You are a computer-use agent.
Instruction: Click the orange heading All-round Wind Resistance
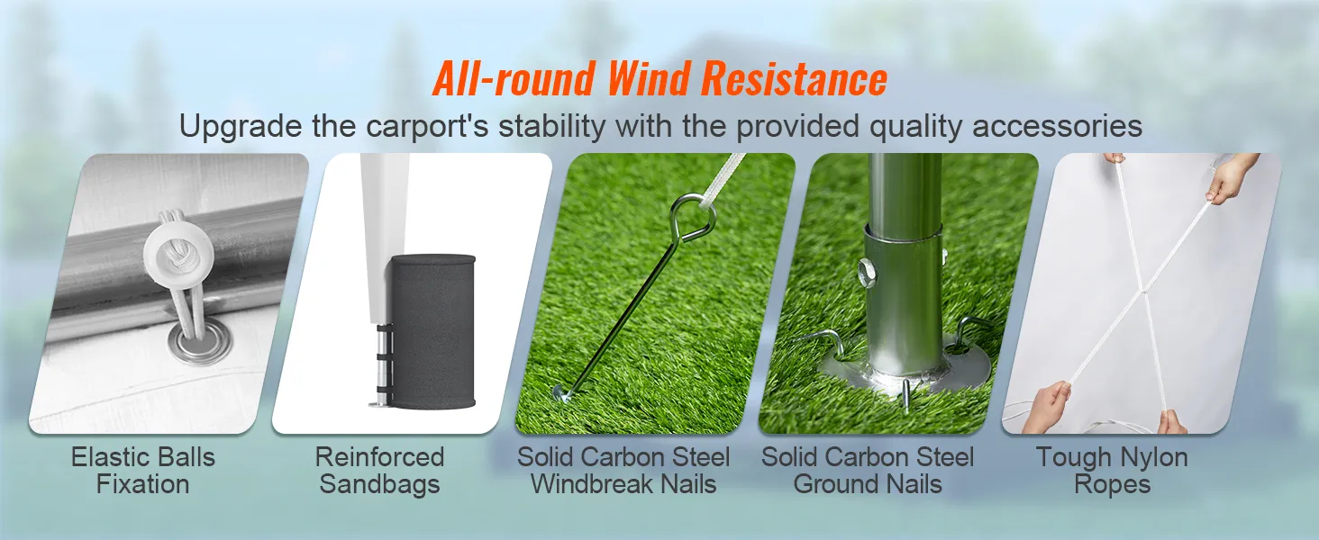pos(659,79)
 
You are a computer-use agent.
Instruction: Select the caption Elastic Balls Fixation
pos(143,470)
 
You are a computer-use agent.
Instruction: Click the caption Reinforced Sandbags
pos(379,470)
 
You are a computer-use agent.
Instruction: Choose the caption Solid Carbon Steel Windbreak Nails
pos(623,470)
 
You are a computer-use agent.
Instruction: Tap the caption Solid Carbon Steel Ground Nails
pos(868,470)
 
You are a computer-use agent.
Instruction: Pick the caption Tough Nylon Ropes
pos(1112,470)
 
